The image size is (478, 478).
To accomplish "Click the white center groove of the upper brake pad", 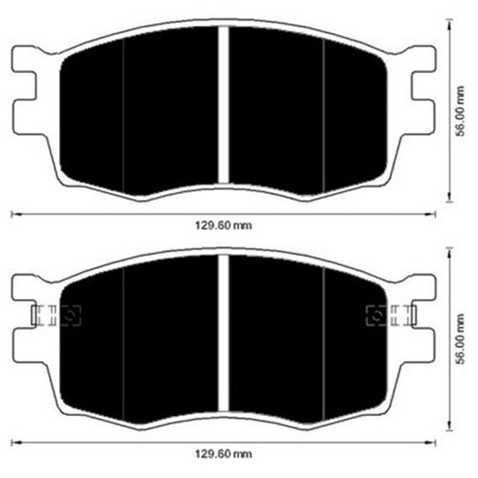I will pyautogui.click(x=223, y=105).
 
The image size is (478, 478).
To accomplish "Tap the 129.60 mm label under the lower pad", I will pyautogui.click(x=222, y=453).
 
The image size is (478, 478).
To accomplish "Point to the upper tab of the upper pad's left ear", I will pyautogui.click(x=27, y=59).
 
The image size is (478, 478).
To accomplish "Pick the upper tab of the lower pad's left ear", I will pyautogui.click(x=27, y=285).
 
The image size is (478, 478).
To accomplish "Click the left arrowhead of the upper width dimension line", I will pyautogui.click(x=13, y=214).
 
